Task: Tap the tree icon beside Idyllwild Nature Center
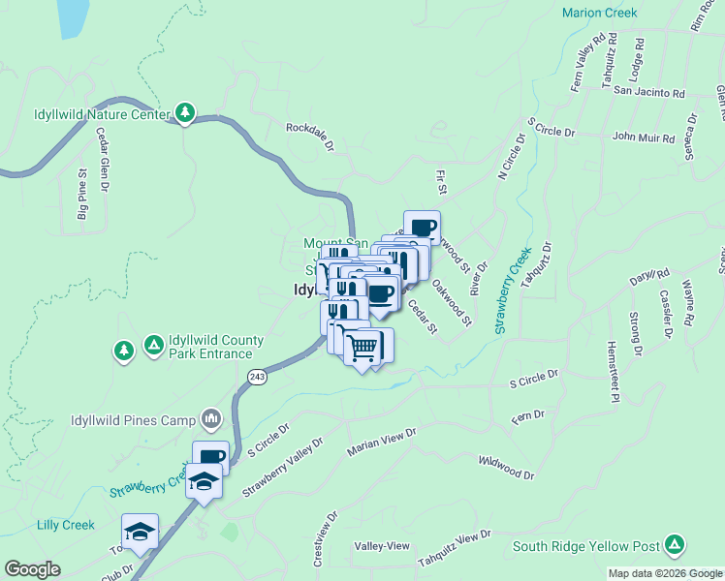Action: click(185, 113)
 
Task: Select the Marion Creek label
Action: click(600, 13)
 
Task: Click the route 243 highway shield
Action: click(256, 377)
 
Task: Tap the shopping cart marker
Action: click(362, 347)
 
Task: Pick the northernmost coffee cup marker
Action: click(423, 228)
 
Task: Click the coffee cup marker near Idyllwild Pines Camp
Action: click(211, 457)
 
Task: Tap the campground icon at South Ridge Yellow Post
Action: click(676, 544)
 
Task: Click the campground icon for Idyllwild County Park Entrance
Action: click(153, 345)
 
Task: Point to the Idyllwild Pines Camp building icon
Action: click(210, 419)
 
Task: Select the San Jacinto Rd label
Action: click(649, 94)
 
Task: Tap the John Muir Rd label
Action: click(643, 138)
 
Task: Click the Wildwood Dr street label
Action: click(506, 468)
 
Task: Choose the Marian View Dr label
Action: click(382, 442)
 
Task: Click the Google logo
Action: click(33, 569)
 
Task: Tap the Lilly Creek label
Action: click(65, 525)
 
